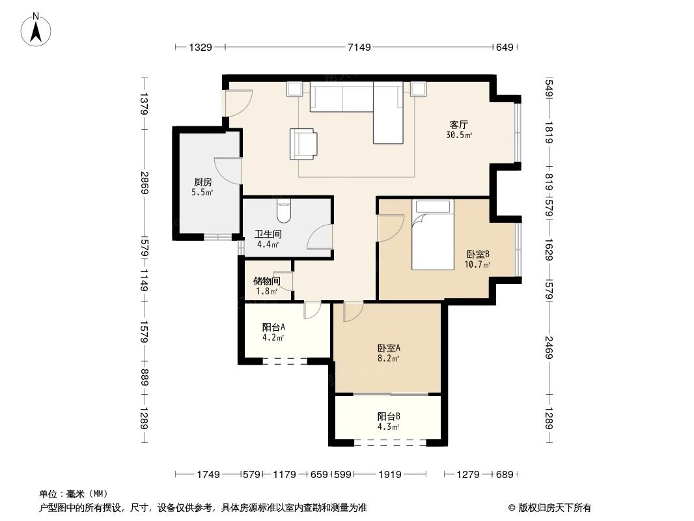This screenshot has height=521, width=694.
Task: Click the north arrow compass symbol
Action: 37,29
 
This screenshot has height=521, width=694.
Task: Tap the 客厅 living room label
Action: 459,124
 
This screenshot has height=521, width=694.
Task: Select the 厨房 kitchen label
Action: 202,182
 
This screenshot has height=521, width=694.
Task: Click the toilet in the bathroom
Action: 284,210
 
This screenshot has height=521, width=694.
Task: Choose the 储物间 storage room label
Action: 266,281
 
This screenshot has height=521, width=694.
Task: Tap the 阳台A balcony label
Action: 273,328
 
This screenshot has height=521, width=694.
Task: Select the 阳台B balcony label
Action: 389,416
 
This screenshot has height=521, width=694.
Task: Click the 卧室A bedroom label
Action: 389,348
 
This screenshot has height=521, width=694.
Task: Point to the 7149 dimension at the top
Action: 359,47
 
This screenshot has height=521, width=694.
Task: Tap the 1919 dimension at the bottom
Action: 389,475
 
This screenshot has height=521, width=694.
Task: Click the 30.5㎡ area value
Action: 459,135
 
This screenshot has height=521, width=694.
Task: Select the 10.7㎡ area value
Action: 477,265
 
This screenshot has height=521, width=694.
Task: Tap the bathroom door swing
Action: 320,238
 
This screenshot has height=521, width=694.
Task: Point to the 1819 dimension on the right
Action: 549,134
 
